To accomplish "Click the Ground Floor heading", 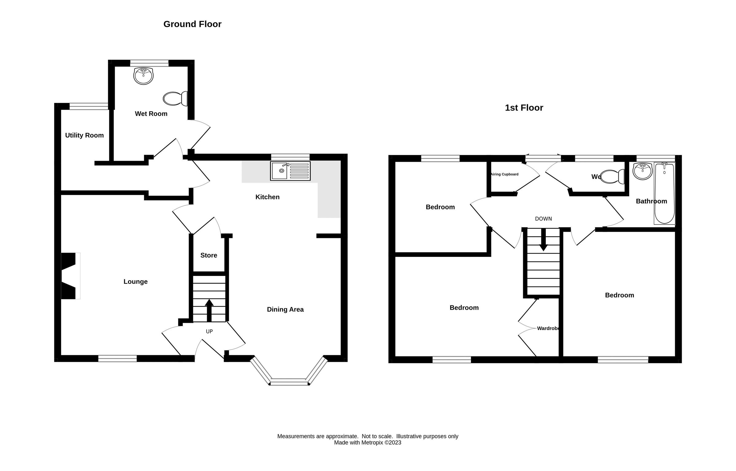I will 192,24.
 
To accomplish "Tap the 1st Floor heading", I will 524,108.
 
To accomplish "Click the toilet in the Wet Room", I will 175,99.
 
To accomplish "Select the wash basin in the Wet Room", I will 143,76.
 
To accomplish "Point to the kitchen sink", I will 290,171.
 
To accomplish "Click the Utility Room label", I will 84,135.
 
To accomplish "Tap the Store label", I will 209,255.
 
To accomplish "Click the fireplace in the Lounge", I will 70,276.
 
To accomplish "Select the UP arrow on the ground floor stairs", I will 209,310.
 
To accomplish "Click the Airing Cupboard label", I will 504,174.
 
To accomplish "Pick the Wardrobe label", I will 548,328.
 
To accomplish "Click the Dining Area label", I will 285,310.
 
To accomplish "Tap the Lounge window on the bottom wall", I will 117,359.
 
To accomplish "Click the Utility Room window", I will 89,106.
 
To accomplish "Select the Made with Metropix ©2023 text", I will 367,443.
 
